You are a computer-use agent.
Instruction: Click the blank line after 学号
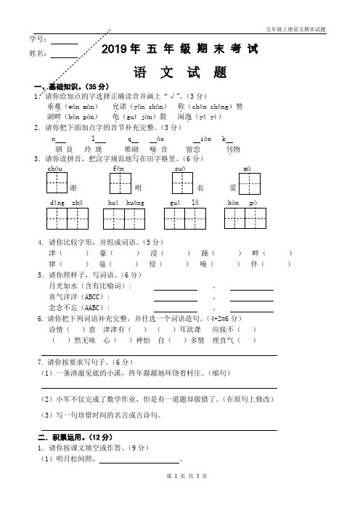64,41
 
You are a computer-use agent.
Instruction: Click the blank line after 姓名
64,55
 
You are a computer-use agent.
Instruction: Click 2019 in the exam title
115,49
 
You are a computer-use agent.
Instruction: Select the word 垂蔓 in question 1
55,105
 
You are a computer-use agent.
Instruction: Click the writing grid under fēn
121,185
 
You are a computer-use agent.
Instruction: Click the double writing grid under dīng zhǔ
67,219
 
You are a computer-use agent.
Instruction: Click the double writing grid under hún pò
243,219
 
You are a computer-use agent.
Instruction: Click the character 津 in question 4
52,253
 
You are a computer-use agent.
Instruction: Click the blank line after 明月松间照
139,461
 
